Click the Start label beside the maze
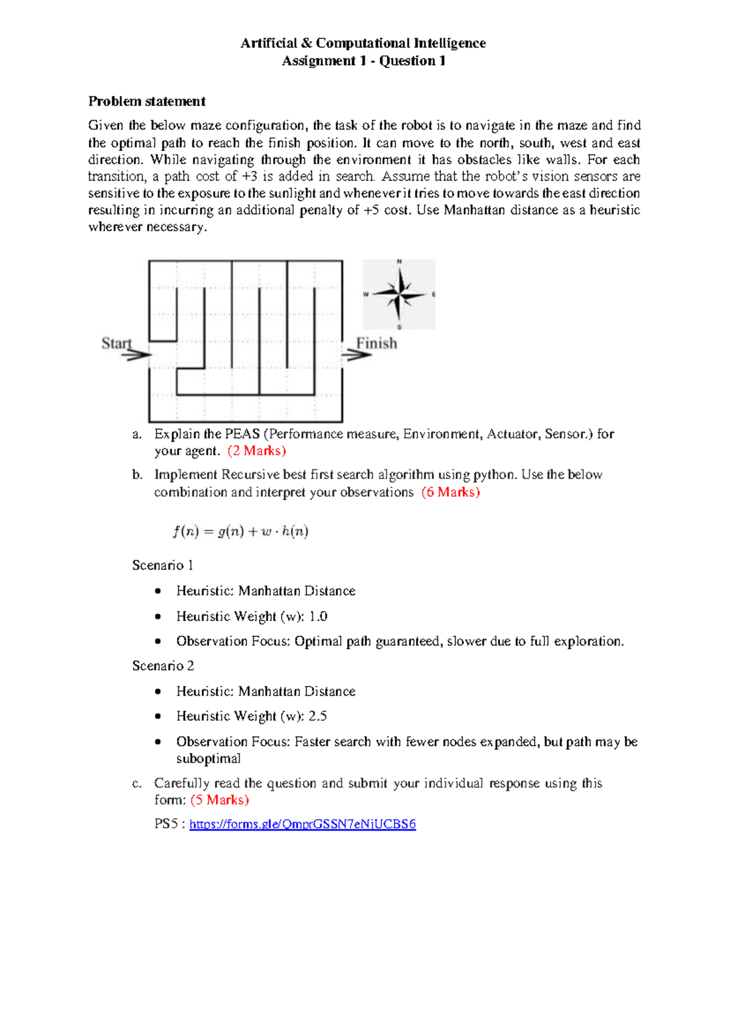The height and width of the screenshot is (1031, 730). [116, 343]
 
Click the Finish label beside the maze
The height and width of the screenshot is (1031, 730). [377, 343]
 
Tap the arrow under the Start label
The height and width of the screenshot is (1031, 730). [137, 354]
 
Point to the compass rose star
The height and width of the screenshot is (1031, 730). [399, 295]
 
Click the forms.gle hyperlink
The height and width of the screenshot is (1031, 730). [302, 824]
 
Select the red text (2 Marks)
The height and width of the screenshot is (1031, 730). [257, 451]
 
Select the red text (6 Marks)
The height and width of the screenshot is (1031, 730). [450, 492]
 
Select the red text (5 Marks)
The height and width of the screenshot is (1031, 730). [220, 800]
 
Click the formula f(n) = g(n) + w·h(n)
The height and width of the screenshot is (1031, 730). [240, 531]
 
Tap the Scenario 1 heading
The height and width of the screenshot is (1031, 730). [162, 565]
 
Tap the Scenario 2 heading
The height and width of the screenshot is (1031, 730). [163, 666]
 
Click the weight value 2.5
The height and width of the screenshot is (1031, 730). [318, 716]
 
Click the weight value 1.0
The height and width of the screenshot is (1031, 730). [318, 617]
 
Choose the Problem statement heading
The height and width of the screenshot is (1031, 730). [147, 101]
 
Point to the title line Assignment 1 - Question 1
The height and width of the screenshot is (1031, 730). [364, 61]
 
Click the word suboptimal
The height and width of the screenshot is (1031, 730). [208, 759]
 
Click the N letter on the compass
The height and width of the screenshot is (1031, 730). [400, 262]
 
